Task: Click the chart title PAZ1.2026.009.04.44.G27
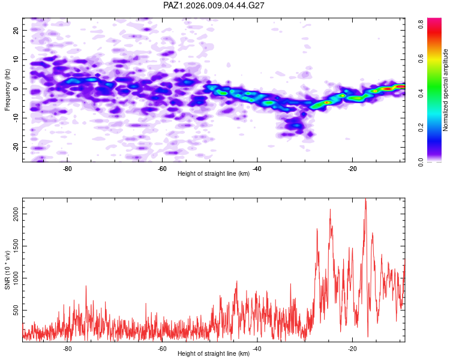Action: [x=214, y=5]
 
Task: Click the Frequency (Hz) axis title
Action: [x=8, y=89]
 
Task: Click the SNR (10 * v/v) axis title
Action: [x=8, y=269]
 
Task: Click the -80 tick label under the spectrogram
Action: [x=67, y=169]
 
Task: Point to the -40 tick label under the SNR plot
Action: [x=257, y=349]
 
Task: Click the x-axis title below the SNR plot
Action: [x=214, y=354]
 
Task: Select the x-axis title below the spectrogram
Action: [x=214, y=174]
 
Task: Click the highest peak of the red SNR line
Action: [x=365, y=200]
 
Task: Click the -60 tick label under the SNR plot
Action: [x=162, y=349]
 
